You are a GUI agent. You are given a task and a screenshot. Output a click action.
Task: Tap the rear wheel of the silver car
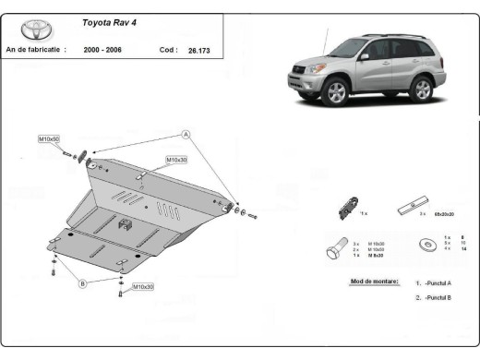pos(422,88)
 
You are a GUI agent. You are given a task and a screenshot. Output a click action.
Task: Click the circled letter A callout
pos(186,135)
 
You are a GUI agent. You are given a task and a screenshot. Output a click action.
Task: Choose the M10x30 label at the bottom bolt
pos(143,287)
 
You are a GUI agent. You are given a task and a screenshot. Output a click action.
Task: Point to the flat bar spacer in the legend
pos(413,204)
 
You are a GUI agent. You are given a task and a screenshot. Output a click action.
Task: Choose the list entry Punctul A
pos(435,283)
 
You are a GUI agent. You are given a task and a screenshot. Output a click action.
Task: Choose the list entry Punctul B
pos(435,297)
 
